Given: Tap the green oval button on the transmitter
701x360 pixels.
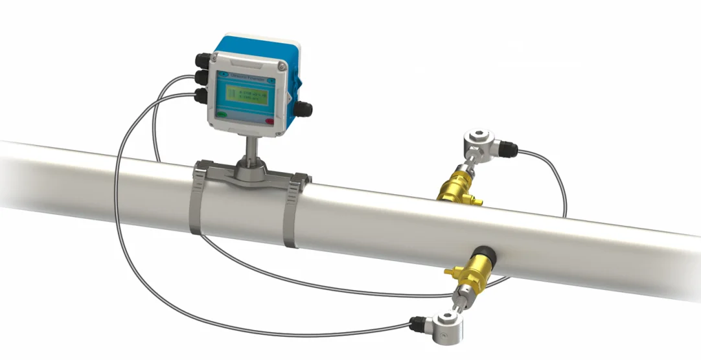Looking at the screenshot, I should pyautogui.click(x=223, y=115).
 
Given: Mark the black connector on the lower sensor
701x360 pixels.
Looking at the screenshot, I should pyautogui.click(x=417, y=321).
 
